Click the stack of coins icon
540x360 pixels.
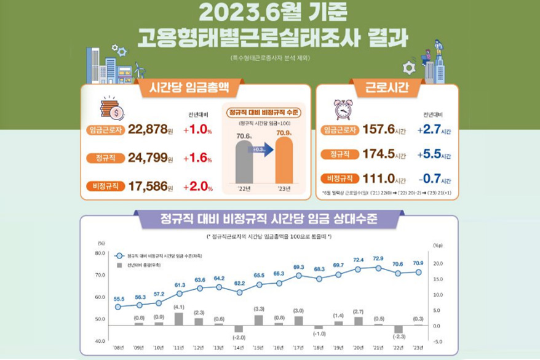tap(111, 109)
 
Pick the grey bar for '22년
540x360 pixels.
tap(244, 163)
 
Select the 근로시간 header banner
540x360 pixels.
tap(387, 87)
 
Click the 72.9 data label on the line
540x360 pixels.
tap(378, 258)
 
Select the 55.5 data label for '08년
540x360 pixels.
tap(119, 298)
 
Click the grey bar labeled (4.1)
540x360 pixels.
tap(179, 319)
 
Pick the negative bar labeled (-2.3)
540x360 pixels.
tap(398, 329)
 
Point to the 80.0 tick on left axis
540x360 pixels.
tap(100, 253)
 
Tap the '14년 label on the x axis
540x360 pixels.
tap(238, 347)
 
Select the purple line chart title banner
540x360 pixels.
tap(269, 220)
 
